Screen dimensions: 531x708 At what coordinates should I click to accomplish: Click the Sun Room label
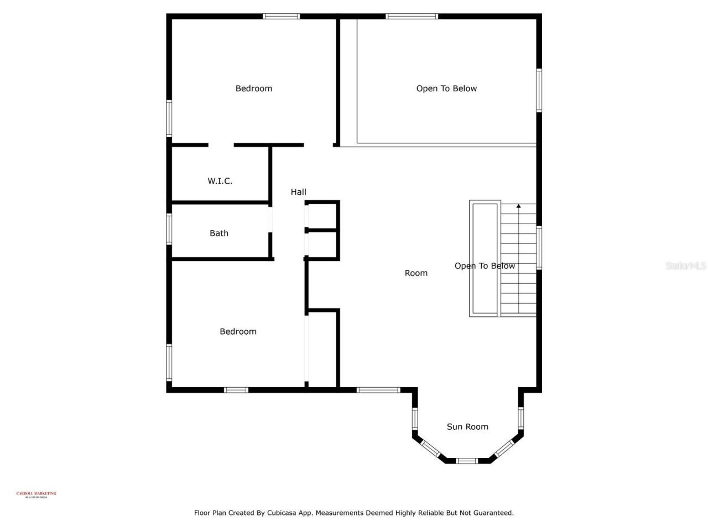[x=467, y=426]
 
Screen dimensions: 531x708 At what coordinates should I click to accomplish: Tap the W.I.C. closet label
[x=220, y=181]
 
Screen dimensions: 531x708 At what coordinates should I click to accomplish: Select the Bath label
[x=219, y=233]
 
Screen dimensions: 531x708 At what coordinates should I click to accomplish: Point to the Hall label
[x=298, y=192]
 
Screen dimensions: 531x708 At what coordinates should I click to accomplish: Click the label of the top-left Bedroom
[x=253, y=88]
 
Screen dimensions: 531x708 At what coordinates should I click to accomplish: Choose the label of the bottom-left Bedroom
[x=238, y=331]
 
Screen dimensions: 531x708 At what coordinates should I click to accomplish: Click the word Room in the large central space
[x=416, y=273]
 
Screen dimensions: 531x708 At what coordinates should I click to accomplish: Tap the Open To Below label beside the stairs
[x=485, y=266]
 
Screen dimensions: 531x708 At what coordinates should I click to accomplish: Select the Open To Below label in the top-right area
[x=446, y=88]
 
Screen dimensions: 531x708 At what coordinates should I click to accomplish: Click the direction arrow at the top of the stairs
[x=518, y=207]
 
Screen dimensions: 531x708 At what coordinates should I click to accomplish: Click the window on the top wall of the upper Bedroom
[x=281, y=17]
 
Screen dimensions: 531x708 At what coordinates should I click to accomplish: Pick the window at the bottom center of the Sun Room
[x=467, y=460]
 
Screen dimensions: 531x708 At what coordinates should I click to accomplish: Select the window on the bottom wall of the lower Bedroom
[x=236, y=390]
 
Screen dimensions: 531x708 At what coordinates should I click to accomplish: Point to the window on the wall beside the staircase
[x=539, y=247]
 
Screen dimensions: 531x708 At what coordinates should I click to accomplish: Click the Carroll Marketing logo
[x=37, y=494]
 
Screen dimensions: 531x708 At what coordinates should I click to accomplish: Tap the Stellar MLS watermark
[x=685, y=266]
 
